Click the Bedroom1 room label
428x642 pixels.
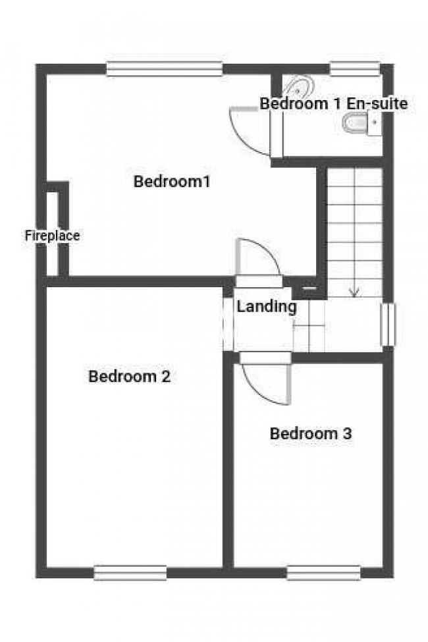click(x=172, y=181)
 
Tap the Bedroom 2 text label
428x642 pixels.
click(x=130, y=376)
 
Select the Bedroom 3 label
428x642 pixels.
click(x=311, y=433)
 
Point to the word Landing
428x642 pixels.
click(x=267, y=307)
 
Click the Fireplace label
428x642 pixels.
click(x=53, y=236)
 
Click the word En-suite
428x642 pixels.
click(x=377, y=103)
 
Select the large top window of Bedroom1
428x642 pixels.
click(x=164, y=68)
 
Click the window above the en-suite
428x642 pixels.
click(x=355, y=68)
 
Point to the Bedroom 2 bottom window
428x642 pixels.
click(x=130, y=573)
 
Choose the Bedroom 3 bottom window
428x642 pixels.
click(x=323, y=573)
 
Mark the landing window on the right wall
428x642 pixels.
click(x=388, y=325)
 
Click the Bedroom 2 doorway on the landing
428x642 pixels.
click(x=228, y=324)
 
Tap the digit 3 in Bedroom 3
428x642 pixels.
click(x=347, y=433)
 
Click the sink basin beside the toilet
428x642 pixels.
click(x=374, y=123)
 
